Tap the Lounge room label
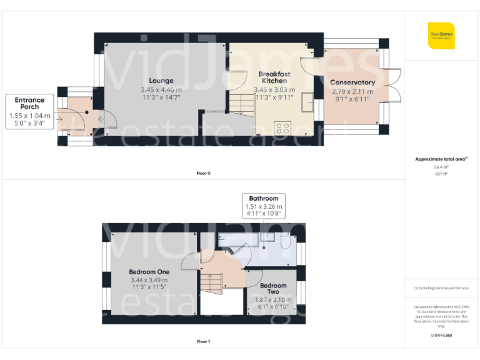point(161,81)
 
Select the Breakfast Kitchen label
point(274,77)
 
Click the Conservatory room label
point(352,82)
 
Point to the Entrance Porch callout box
point(29,111)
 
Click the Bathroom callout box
point(263,206)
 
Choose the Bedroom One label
point(149,272)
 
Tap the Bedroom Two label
point(273,289)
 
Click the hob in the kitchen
point(283,127)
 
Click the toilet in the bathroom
point(284,242)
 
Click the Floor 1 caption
point(203,342)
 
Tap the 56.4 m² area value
point(441,167)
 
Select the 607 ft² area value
point(441,174)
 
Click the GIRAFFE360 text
point(441,336)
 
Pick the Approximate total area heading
point(441,159)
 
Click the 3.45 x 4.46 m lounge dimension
point(161,89)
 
